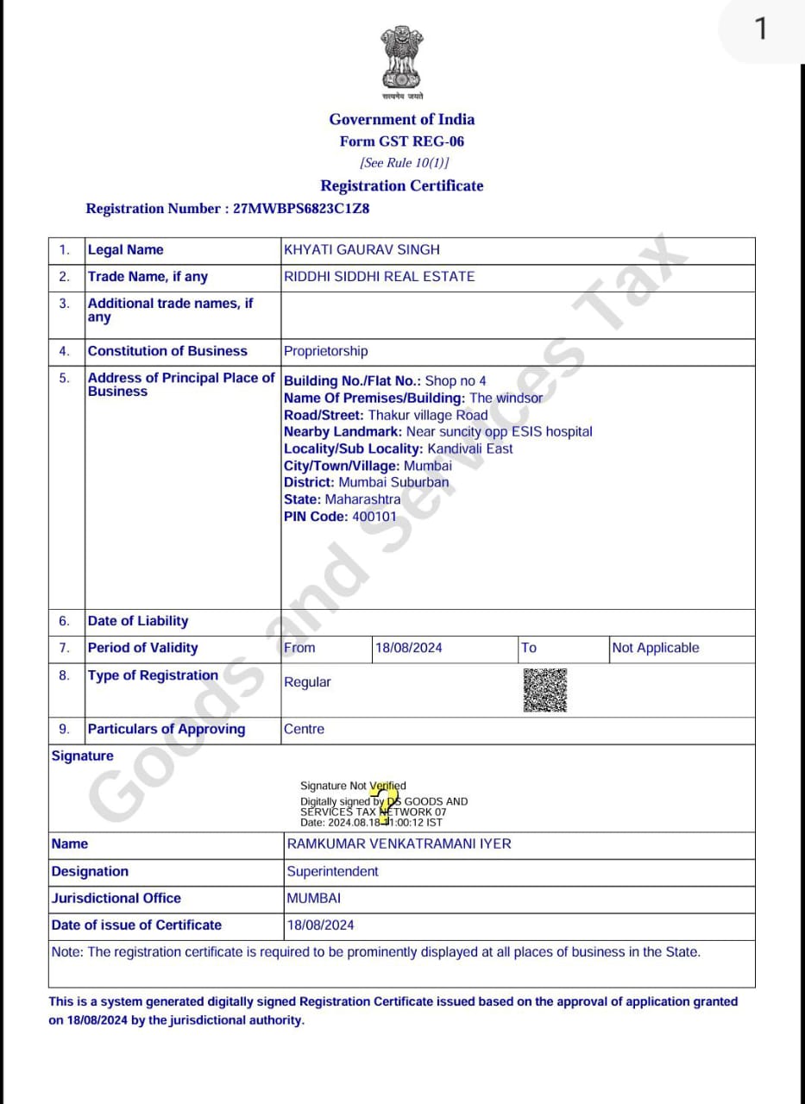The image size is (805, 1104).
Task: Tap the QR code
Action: point(544,690)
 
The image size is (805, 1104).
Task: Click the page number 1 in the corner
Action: point(760,29)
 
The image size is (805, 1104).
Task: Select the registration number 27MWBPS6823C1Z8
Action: point(302,209)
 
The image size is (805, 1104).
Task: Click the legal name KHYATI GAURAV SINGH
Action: point(362,250)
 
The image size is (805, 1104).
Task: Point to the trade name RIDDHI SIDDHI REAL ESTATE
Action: point(379,277)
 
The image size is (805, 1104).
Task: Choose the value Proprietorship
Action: point(325,351)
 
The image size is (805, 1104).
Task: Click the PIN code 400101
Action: point(374,517)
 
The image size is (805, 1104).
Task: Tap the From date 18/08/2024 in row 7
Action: point(408,648)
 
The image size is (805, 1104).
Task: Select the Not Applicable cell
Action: point(655,648)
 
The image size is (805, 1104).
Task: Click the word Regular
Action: point(307,682)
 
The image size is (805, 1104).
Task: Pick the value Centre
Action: point(304,729)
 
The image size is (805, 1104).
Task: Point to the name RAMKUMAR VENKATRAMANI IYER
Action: point(399,844)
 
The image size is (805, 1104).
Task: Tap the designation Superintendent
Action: point(332,871)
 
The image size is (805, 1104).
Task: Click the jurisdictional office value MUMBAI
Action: point(313,898)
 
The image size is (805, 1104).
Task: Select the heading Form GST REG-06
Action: point(401,141)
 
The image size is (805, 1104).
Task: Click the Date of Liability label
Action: point(137,621)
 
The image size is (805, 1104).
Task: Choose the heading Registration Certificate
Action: point(401,185)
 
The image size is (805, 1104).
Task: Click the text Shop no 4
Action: point(456,380)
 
